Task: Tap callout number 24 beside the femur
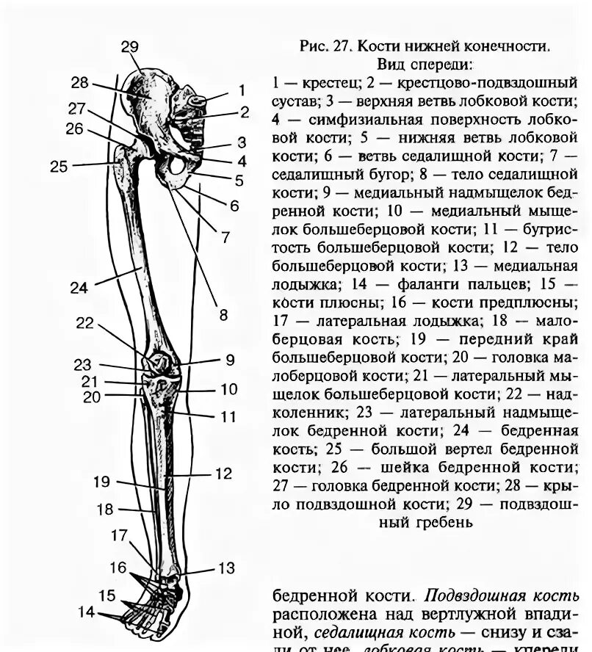(x=79, y=288)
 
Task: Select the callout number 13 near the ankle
(x=225, y=568)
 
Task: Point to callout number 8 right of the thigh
(x=224, y=316)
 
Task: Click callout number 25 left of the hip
(x=59, y=167)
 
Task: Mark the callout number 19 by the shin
(x=101, y=482)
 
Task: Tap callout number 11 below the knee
(x=228, y=416)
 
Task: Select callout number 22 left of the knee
(x=85, y=323)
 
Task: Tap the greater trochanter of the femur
(x=121, y=158)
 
